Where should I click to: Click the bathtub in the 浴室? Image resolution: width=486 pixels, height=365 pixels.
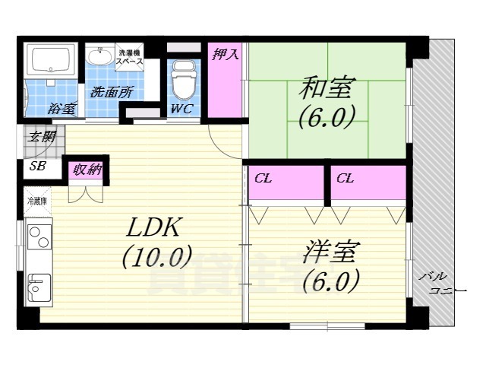coord(50,59)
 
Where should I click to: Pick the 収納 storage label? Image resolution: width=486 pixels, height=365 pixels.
coord(87,170)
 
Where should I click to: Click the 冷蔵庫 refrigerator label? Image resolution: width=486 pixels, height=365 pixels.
coord(36,202)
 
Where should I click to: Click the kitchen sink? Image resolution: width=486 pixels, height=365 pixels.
coord(37,287)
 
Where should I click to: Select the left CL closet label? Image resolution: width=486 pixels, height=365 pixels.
coord(264,179)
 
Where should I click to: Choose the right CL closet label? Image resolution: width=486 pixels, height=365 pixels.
coord(346,179)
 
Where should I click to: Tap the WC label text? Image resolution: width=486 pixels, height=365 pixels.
coord(181,109)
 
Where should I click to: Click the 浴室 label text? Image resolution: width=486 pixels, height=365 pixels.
coord(62,109)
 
